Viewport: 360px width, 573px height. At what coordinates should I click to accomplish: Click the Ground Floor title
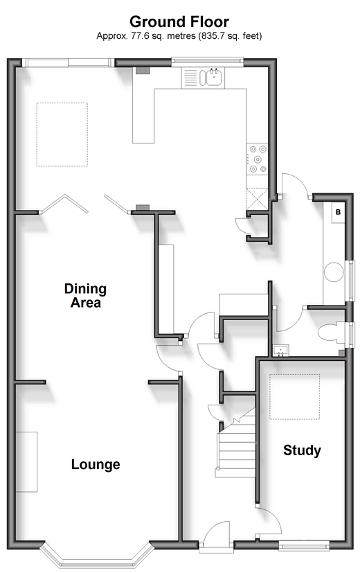pyautogui.click(x=179, y=22)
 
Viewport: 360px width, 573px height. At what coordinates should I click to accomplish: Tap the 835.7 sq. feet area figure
pyautogui.click(x=230, y=36)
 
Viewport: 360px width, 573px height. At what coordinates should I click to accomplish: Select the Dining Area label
pyautogui.click(x=85, y=295)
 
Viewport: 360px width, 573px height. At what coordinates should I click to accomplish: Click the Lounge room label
pyautogui.click(x=96, y=464)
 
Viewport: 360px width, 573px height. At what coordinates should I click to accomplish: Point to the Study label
pyautogui.click(x=302, y=450)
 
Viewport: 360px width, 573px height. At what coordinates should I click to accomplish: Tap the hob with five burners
pyautogui.click(x=258, y=159)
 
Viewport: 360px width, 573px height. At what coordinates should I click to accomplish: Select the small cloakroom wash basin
pyautogui.click(x=281, y=351)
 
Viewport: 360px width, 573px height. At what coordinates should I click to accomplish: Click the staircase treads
pyautogui.click(x=236, y=450)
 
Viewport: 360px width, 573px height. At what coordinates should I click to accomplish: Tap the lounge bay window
pyautogui.click(x=97, y=556)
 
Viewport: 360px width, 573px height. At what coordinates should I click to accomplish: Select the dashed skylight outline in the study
pyautogui.click(x=295, y=397)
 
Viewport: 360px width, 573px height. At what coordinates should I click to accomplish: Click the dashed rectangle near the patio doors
pyautogui.click(x=62, y=134)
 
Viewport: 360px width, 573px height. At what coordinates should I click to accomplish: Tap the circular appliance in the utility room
pyautogui.click(x=334, y=272)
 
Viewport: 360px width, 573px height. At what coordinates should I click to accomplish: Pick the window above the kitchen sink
pyautogui.click(x=208, y=62)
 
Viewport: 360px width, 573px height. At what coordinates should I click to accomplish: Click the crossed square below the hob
pyautogui.click(x=258, y=199)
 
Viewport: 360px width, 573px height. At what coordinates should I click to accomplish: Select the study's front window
pyautogui.click(x=304, y=546)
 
